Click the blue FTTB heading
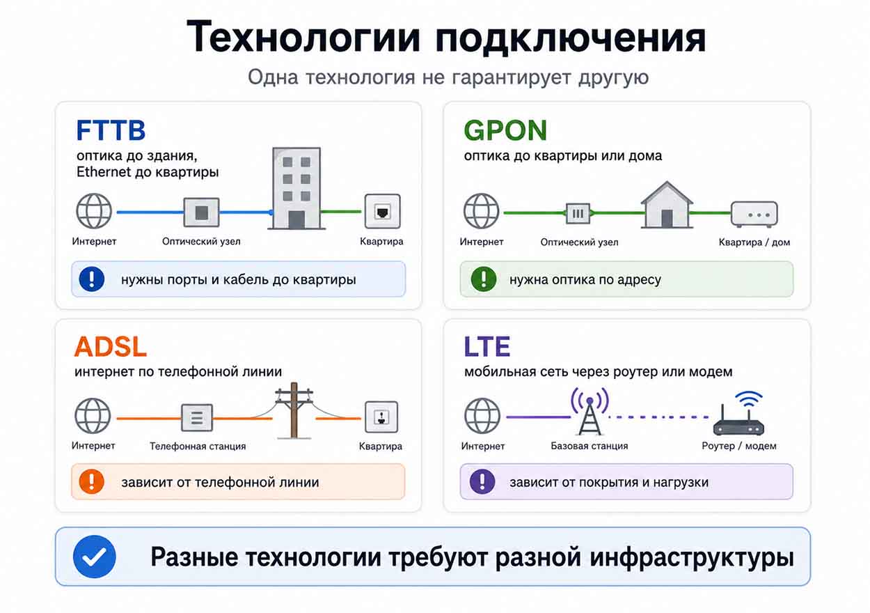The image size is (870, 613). click(111, 130)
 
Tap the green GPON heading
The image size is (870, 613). click(505, 130)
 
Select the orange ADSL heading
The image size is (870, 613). click(111, 346)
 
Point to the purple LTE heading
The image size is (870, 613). click(487, 346)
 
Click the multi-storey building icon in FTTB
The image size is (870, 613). click(296, 189)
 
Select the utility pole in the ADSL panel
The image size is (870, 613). click(294, 410)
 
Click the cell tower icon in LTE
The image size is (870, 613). click(590, 411)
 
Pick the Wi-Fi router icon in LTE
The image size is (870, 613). click(739, 414)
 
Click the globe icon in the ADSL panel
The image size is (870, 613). click(93, 417)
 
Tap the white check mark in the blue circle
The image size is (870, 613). click(95, 557)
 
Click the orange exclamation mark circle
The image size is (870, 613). click(92, 481)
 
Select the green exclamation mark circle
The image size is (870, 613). click(484, 279)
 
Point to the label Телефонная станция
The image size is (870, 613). click(198, 447)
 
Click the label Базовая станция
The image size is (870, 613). click(590, 446)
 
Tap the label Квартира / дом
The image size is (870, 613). click(754, 242)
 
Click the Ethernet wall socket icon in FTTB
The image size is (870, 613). click(383, 212)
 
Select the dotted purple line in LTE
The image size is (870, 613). click(658, 417)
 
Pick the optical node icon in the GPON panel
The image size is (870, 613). click(578, 213)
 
